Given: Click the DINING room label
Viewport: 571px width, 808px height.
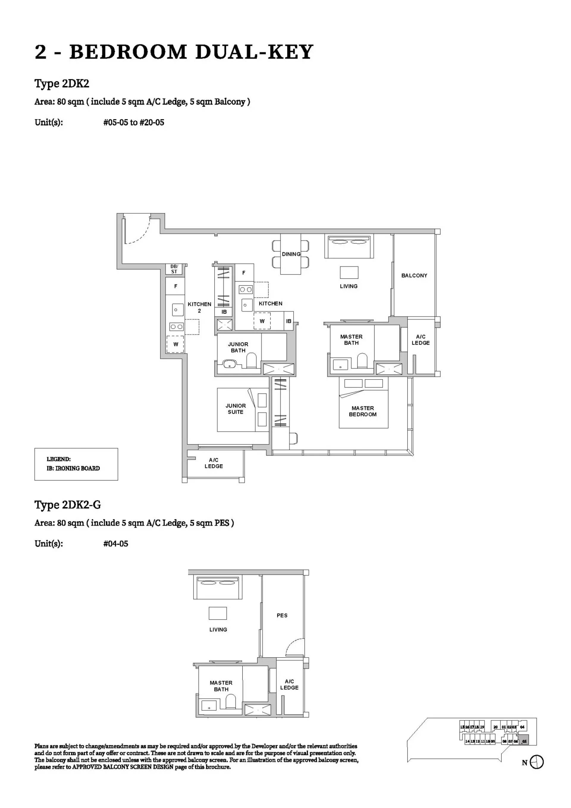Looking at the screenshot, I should pyautogui.click(x=291, y=254).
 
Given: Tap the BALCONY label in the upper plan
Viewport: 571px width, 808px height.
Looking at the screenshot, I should pyautogui.click(x=414, y=276).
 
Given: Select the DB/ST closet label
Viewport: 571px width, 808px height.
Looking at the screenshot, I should pyautogui.click(x=174, y=269).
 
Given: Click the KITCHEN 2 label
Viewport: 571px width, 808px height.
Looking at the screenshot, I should pyautogui.click(x=199, y=307).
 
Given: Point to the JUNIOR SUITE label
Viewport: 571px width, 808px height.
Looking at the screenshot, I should pyautogui.click(x=236, y=409).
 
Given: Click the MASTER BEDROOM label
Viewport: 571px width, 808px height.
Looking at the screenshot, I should pyautogui.click(x=363, y=411).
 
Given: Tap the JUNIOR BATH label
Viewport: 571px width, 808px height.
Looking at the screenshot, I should pyautogui.click(x=238, y=347).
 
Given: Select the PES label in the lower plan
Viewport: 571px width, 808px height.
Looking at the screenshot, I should pyautogui.click(x=282, y=615).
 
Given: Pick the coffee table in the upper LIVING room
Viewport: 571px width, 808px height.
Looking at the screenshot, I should pyautogui.click(x=349, y=272).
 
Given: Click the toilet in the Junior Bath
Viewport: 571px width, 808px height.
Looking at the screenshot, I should pyautogui.click(x=251, y=361).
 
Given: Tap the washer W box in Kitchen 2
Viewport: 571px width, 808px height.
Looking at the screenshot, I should pyautogui.click(x=175, y=344).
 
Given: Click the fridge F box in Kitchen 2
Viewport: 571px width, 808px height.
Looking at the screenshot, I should pyautogui.click(x=175, y=286).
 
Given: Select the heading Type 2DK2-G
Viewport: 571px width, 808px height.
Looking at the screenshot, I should pyautogui.click(x=68, y=505).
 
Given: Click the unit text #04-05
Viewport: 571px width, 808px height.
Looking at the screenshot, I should pyautogui.click(x=116, y=544).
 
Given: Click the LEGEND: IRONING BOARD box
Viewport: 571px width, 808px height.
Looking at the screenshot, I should pyautogui.click(x=76, y=464).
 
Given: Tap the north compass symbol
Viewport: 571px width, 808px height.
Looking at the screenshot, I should pyautogui.click(x=536, y=762).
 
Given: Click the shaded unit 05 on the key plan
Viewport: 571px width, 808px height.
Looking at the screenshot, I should pyautogui.click(x=524, y=741).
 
